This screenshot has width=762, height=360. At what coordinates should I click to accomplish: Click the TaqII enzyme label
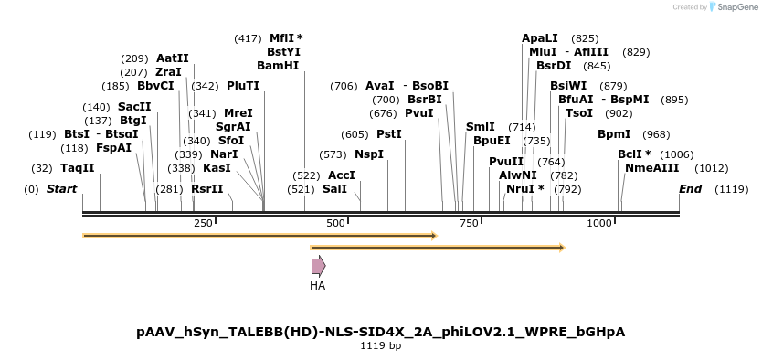pyautogui.click(x=78, y=168)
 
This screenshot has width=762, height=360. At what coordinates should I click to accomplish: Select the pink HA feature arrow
pyautogui.click(x=318, y=266)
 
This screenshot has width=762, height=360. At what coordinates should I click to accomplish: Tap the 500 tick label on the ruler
pyautogui.click(x=335, y=223)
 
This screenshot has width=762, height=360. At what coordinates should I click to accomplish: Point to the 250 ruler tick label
pyautogui.click(x=203, y=223)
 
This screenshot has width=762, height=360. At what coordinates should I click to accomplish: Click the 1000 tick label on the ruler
pyautogui.click(x=599, y=223)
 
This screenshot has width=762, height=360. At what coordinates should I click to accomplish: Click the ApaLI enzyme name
pyautogui.click(x=539, y=38)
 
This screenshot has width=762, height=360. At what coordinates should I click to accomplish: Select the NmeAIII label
pyautogui.click(x=652, y=168)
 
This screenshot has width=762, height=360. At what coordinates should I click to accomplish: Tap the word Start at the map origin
pyautogui.click(x=61, y=189)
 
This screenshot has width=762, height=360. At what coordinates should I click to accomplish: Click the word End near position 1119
pyautogui.click(x=690, y=189)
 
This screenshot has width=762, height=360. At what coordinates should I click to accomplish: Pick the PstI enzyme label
pyautogui.click(x=389, y=134)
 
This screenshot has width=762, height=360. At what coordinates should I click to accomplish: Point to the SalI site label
pyautogui.click(x=334, y=189)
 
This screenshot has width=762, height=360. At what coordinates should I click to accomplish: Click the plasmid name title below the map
pyautogui.click(x=380, y=332)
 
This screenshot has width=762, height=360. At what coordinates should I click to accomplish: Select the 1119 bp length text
pyautogui.click(x=380, y=346)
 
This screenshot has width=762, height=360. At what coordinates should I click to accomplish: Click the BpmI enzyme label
pyautogui.click(x=614, y=134)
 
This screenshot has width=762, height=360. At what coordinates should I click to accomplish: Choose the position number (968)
pyautogui.click(x=656, y=134)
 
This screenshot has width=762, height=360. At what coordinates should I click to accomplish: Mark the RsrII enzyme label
pyautogui.click(x=207, y=189)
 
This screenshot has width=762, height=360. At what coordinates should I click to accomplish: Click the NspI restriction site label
pyautogui.click(x=369, y=154)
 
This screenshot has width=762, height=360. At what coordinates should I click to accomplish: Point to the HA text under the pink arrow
pyautogui.click(x=317, y=286)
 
